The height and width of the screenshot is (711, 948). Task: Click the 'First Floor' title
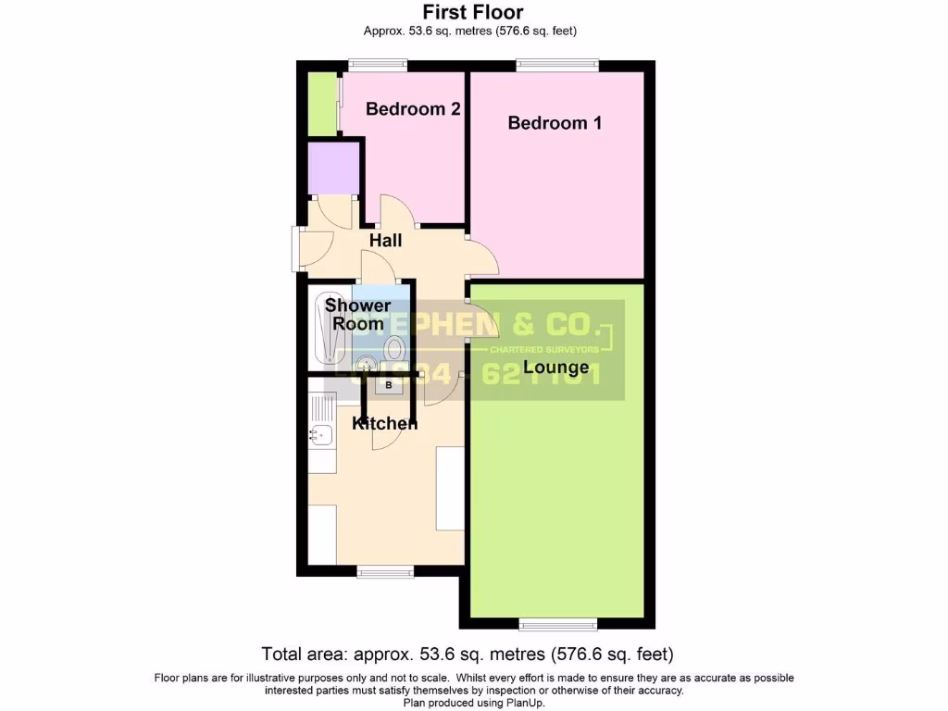[x=473, y=12]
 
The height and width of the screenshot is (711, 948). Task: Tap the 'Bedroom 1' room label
[x=555, y=122]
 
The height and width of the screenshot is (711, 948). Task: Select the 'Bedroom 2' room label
[x=413, y=108]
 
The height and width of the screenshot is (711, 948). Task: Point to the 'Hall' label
[x=385, y=241]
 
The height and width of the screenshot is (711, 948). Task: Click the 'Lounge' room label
[x=555, y=368]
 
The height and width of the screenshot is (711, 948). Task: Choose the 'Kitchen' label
[x=385, y=423]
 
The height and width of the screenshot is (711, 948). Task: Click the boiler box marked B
[x=389, y=385]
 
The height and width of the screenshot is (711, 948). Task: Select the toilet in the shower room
[x=394, y=350]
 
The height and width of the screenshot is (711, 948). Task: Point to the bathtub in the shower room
[x=330, y=328]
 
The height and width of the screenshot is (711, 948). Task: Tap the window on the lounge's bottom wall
[x=558, y=622]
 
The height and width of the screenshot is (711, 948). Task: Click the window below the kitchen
[x=385, y=572]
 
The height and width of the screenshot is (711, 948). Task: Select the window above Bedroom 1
[x=557, y=65]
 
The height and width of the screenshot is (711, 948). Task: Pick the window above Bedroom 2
[x=378, y=65]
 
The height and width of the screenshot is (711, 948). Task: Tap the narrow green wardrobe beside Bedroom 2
[x=320, y=104]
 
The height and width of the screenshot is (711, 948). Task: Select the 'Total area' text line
[x=473, y=654]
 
